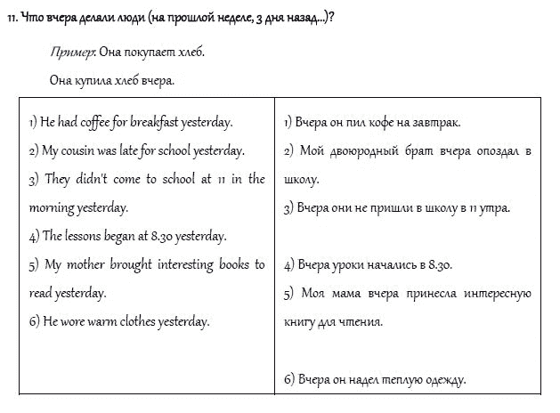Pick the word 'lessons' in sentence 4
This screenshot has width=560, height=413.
pyautogui.click(x=85, y=236)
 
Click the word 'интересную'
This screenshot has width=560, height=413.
pyautogui.click(x=497, y=294)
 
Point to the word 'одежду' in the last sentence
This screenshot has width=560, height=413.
pyautogui.click(x=443, y=379)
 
